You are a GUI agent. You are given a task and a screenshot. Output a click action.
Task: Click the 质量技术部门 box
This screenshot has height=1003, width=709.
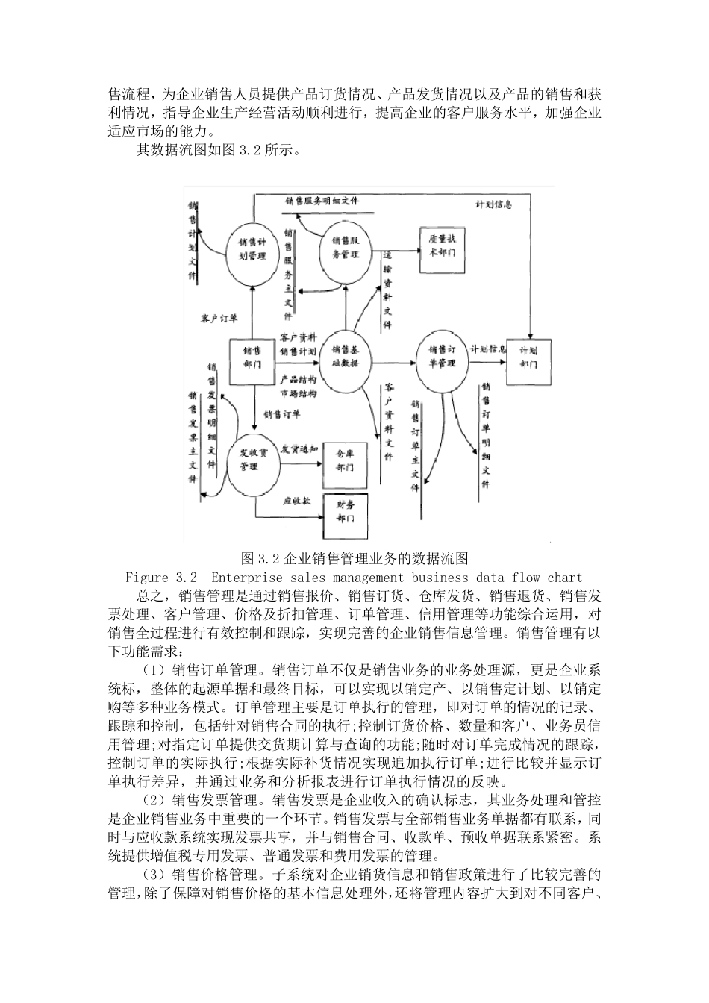(x=442, y=247)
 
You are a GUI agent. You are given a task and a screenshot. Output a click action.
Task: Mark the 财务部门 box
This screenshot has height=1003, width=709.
(x=345, y=513)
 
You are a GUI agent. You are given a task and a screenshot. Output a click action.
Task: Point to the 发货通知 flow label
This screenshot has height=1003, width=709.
(x=299, y=449)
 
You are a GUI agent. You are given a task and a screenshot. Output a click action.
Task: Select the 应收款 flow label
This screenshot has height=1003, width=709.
(x=296, y=500)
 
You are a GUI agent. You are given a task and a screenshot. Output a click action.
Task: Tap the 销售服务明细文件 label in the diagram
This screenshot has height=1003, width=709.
(x=321, y=201)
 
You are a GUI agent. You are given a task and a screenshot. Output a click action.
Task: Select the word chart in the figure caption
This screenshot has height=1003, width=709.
(x=563, y=578)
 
